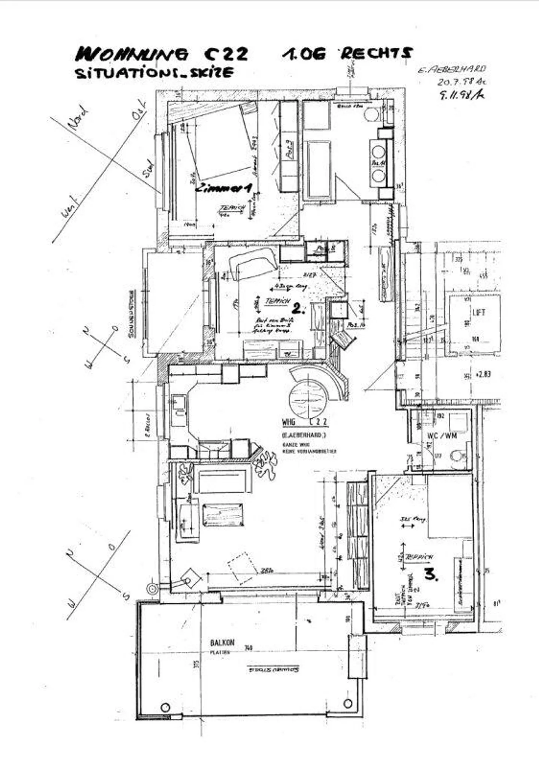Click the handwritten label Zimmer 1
tap(224, 188)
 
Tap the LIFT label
tap(479, 312)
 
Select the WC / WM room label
tap(442, 436)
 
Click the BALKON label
tap(222, 642)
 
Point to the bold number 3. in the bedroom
tap(431, 574)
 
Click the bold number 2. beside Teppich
tap(298, 308)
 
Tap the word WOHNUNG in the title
tap(132, 55)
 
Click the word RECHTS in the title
tap(376, 54)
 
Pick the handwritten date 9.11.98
tap(461, 95)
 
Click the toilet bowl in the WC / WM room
tap(457, 456)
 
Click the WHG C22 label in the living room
tap(305, 422)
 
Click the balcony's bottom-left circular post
tap(165, 707)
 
